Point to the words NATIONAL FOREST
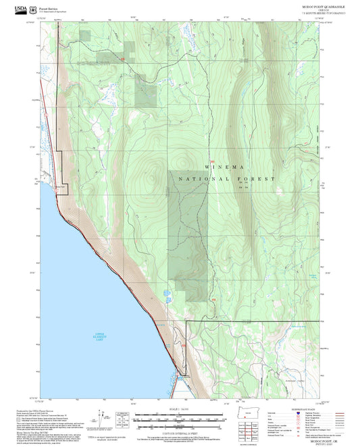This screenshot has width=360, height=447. (227, 178)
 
